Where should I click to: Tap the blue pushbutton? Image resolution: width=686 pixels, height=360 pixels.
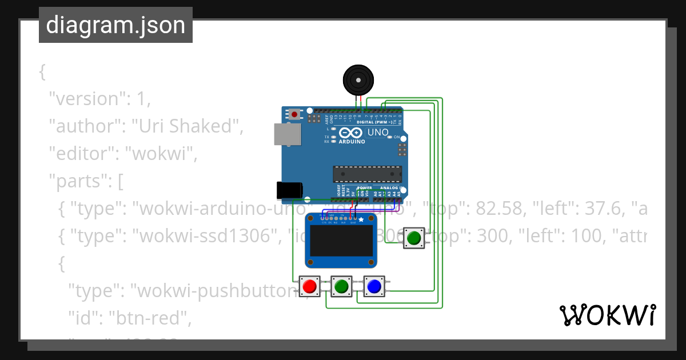pyautogui.click(x=374, y=286)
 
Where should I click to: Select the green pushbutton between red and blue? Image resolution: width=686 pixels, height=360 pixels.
pyautogui.click(x=341, y=286)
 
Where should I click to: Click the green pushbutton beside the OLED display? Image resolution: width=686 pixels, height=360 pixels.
pyautogui.click(x=414, y=237)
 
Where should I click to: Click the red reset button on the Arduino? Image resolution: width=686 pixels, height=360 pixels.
pyautogui.click(x=294, y=114)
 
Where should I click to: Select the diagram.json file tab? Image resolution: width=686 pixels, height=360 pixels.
pyautogui.click(x=115, y=25)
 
